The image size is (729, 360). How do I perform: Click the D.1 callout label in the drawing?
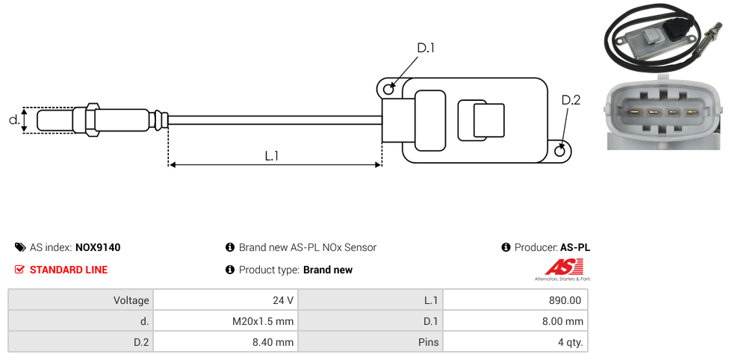[426, 48]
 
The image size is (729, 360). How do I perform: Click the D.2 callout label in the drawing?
[571, 100]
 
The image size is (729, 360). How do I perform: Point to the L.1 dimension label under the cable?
[272, 156]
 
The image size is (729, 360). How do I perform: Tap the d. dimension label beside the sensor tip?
[14, 120]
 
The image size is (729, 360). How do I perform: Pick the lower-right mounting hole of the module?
[560, 151]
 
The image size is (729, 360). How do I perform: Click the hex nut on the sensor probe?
[92, 120]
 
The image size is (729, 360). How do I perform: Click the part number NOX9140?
[98, 247]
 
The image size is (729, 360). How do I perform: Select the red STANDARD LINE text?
[69, 270]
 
